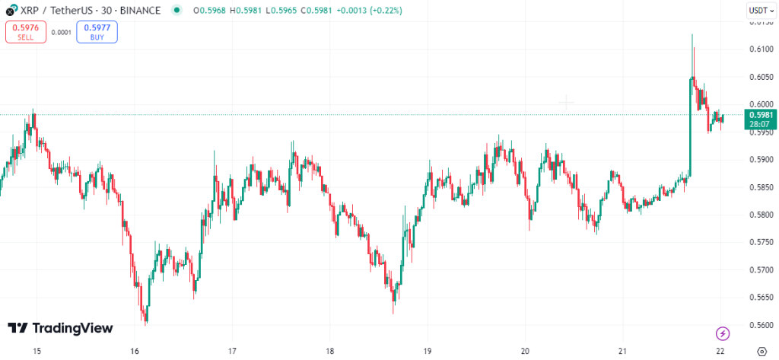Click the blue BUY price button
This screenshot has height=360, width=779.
(x=97, y=32)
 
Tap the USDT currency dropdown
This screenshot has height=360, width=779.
(x=758, y=11)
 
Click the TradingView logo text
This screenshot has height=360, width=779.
(x=61, y=328)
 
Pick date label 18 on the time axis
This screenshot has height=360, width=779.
(x=330, y=352)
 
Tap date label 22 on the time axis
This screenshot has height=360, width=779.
(x=720, y=352)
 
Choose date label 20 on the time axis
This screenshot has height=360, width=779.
(x=525, y=352)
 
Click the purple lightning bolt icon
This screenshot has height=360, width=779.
(x=723, y=333)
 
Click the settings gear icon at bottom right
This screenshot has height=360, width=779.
(x=762, y=352)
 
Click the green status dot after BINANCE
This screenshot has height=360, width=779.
(x=177, y=11)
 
